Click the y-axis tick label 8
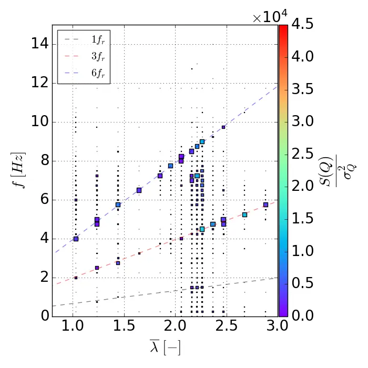(45, 161)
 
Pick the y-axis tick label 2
(45, 277)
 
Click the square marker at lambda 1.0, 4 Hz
(76, 239)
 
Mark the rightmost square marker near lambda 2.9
(265, 205)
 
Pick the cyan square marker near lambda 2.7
(244, 214)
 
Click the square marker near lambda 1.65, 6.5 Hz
(139, 190)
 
